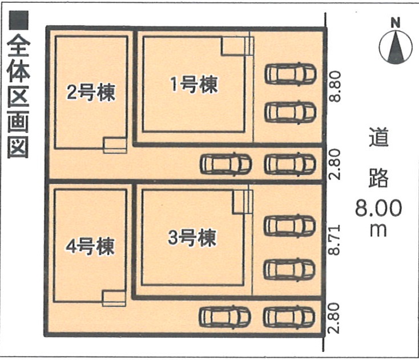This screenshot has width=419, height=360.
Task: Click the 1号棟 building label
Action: coord(194,85)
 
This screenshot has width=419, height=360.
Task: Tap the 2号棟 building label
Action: coord(91,92)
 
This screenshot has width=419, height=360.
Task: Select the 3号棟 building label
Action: coord(192,237)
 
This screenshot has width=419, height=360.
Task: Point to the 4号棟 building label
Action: coord(90,246)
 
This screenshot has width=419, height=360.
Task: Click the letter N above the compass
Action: coord(396,22)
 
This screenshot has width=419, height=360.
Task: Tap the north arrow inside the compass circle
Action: coord(396,48)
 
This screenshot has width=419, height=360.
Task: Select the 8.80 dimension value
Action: coord(335,86)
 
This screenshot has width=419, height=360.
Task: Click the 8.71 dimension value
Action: coord(335,239)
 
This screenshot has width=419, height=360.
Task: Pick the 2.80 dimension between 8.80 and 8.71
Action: coord(335,164)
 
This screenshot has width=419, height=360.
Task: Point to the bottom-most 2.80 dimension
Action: coord(334,318)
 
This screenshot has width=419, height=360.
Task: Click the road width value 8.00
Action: coord(378,208)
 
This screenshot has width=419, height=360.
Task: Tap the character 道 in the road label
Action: coord(378,137)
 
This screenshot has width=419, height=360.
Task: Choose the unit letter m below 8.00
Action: coord(378,230)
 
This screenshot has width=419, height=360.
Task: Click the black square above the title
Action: coord(18,21)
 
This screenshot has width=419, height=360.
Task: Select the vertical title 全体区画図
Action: coord(18,96)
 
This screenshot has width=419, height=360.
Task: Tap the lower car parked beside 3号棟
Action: coord(289,269)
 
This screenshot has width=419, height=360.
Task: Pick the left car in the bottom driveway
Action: coord(225,317)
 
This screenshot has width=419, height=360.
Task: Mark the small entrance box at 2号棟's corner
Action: coord(115,145)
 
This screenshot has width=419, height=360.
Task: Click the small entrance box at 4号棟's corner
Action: coord(114,298)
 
